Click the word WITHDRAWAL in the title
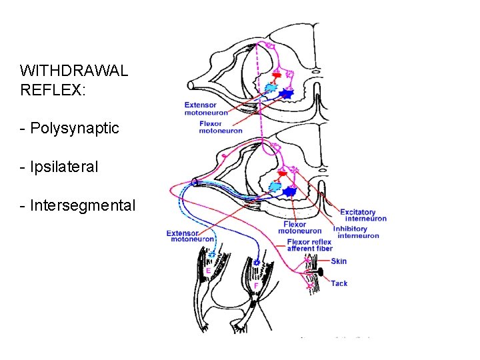(74, 71)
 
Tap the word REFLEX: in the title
(53, 90)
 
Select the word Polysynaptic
(74, 128)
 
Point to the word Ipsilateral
(63, 167)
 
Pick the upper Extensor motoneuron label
(206, 109)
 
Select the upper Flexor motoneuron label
(220, 127)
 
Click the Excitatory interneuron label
(363, 215)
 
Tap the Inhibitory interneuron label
(356, 232)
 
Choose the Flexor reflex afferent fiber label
(309, 245)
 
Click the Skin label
(339, 261)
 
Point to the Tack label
(339, 283)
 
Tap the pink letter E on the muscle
(209, 271)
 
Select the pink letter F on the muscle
(256, 285)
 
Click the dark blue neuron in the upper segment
(287, 95)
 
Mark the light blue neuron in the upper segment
(271, 87)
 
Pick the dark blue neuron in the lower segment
(289, 191)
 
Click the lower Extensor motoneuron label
(191, 235)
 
